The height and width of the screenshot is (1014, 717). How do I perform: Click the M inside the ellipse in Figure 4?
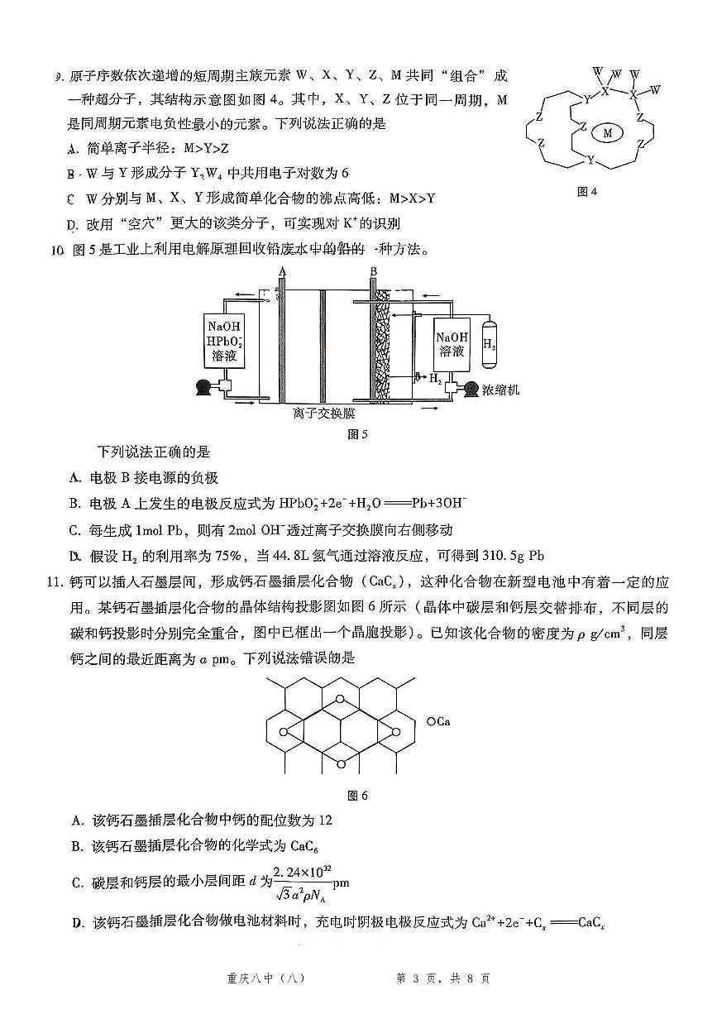(608, 132)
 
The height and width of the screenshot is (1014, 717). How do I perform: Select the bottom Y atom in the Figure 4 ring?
(590, 158)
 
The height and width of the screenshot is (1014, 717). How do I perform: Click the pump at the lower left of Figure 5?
(201, 387)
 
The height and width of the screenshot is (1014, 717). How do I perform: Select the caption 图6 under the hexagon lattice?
(357, 796)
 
